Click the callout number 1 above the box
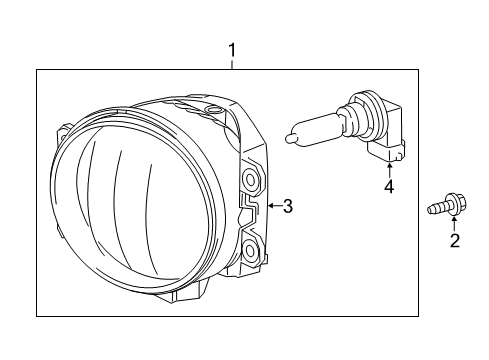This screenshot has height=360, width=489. coord(232,49)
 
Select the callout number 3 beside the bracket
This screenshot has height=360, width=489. coord(287,207)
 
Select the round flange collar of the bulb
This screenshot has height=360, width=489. coord(353,118)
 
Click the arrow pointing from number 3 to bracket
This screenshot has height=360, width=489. coord(270,207)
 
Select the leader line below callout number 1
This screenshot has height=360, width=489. coord(232,63)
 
